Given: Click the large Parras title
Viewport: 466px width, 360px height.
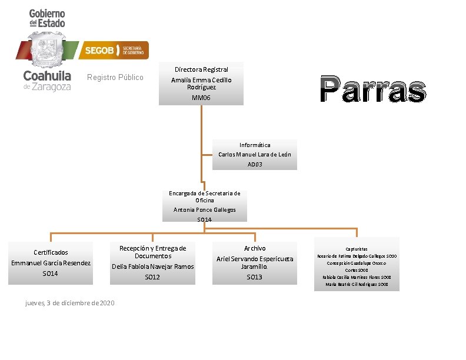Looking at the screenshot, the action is point(373,90).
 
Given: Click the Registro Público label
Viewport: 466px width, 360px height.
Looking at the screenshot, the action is point(115,77).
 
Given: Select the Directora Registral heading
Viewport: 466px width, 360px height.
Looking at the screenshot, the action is point(201,69).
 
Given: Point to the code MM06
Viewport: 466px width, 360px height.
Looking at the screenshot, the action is point(201,98).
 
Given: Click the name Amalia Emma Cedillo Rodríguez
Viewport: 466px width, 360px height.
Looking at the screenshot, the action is point(201,83).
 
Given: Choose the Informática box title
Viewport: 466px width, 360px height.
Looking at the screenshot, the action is point(255,145).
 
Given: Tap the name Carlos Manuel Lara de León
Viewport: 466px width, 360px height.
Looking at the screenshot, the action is point(255,155).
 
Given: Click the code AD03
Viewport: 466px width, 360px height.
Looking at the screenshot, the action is point(255,165).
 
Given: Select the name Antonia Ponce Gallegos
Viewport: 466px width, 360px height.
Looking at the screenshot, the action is point(204,209).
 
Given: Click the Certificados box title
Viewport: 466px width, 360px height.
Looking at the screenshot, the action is point(51,252).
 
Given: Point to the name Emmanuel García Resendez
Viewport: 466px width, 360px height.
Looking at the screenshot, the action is point(51,263).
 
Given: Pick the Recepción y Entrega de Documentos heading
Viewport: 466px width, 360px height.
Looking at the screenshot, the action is point(152,252).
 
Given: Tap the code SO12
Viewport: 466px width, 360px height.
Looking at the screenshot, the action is point(152,277).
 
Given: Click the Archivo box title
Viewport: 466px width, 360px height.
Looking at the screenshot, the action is point(255,248).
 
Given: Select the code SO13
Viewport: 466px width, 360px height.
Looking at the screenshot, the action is point(255,277).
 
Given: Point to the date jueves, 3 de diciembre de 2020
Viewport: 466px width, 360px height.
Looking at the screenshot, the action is point(70,303).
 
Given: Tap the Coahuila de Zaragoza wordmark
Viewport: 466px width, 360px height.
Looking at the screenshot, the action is point(47,81).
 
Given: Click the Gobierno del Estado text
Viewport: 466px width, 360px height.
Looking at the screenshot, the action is point(47,18).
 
